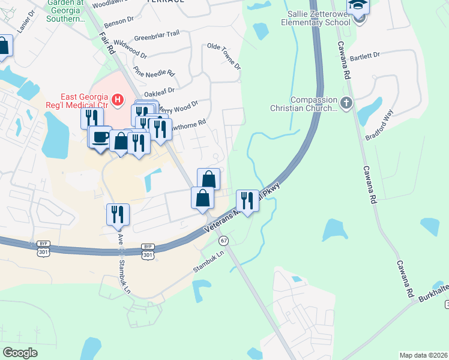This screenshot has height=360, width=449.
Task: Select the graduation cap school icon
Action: (359, 6)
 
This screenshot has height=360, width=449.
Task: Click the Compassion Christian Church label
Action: (313, 104)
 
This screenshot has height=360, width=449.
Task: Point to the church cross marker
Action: (346, 103)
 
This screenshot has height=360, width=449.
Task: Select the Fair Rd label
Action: (107, 43)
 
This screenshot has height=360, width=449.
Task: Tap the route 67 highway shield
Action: (223, 241)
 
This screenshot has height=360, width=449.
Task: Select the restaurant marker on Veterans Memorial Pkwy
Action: (247, 200)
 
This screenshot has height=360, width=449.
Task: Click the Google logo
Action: (20, 353)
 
